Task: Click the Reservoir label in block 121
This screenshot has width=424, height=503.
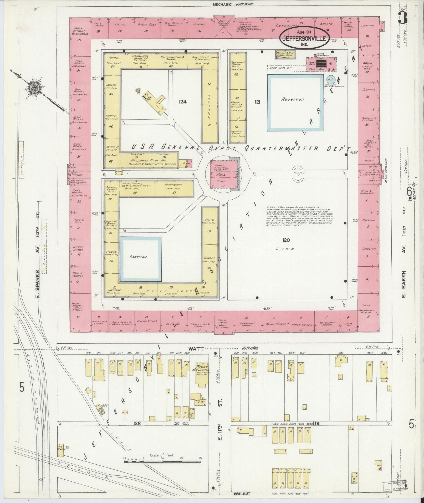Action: (x=289, y=99)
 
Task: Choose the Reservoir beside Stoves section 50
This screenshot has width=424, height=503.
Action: (x=140, y=259)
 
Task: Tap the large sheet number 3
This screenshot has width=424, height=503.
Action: (x=402, y=18)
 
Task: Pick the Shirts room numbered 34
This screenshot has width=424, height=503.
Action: (x=326, y=27)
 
